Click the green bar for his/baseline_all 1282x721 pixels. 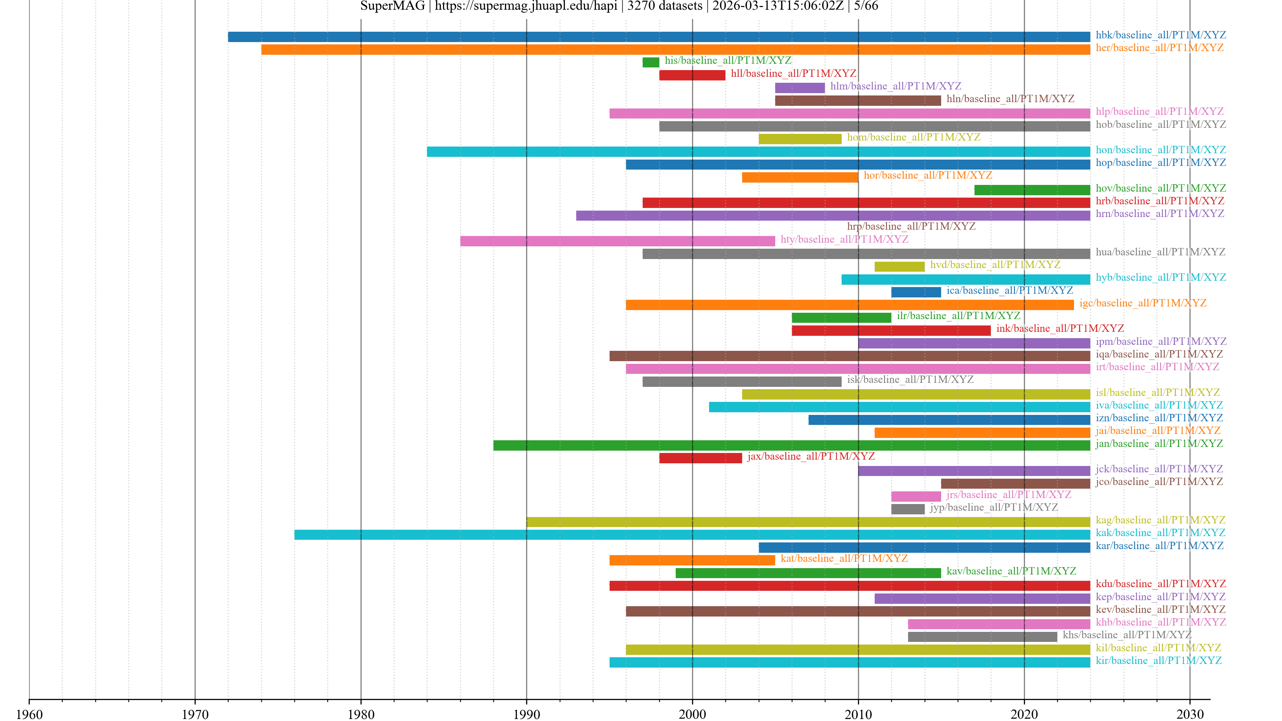[x=650, y=62]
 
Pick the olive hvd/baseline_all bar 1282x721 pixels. [x=899, y=267]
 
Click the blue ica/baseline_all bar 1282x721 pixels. [x=916, y=292]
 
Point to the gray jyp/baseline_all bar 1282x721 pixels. [x=907, y=509]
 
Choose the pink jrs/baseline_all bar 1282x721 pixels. [x=916, y=496]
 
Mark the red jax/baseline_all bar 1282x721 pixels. [x=700, y=458]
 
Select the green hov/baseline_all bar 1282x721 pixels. [x=1032, y=190]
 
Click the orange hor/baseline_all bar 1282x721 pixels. [x=800, y=177]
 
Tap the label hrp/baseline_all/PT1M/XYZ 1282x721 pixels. [x=911, y=226]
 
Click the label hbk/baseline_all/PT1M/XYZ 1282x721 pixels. [x=1160, y=35]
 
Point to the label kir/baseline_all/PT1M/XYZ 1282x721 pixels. [x=1158, y=660]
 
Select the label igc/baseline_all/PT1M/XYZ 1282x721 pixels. [x=1143, y=303]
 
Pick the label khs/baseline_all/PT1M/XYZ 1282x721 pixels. [x=1127, y=635]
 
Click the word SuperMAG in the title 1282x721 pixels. [x=392, y=6]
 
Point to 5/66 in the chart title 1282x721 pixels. [x=866, y=6]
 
